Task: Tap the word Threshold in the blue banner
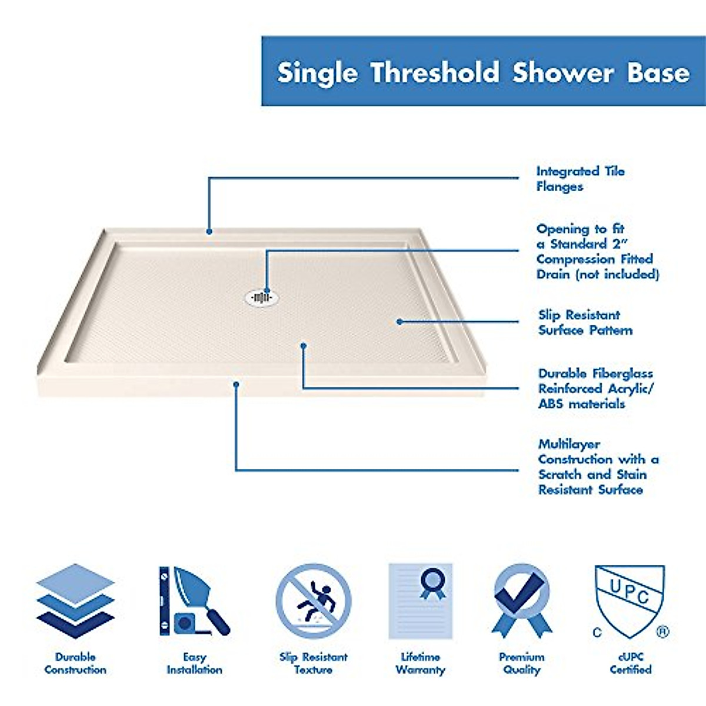pyautogui.click(x=435, y=73)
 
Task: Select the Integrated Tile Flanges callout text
pyautogui.click(x=580, y=179)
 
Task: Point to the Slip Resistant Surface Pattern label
pyautogui.click(x=585, y=322)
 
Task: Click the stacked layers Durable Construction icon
pyautogui.click(x=75, y=601)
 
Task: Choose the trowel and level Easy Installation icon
pyautogui.click(x=194, y=601)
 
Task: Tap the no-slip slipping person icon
pyautogui.click(x=314, y=601)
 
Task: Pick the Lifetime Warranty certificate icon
pyautogui.click(x=420, y=601)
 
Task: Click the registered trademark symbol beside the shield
pyautogui.click(x=662, y=632)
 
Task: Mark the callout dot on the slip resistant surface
pyautogui.click(x=399, y=322)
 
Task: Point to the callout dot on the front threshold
pyautogui.click(x=236, y=385)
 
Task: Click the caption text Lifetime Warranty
pyautogui.click(x=420, y=663)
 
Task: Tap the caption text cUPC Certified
pyautogui.click(x=630, y=663)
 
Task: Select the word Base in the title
pyautogui.click(x=658, y=73)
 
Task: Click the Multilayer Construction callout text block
pyautogui.click(x=598, y=467)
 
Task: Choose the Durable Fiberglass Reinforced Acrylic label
pyautogui.click(x=595, y=388)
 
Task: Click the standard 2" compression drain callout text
pyautogui.click(x=597, y=251)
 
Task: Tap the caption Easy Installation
pyautogui.click(x=194, y=663)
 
